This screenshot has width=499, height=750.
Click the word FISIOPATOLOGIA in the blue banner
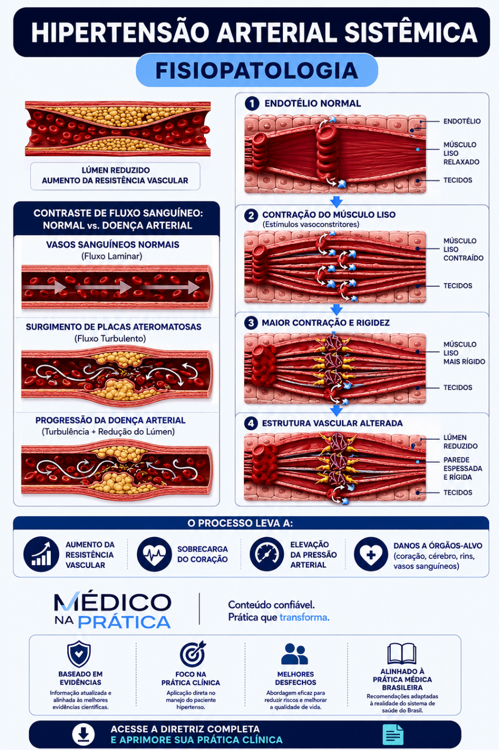click(257, 70)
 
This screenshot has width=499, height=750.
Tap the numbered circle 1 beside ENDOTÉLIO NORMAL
click(252, 103)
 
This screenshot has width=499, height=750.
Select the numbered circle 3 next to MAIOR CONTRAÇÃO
click(251, 323)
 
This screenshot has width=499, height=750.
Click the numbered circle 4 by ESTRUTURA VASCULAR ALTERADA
click(251, 423)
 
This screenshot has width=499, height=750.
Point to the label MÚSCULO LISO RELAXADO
click(461, 153)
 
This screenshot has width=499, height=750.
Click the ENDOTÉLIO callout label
click(462, 121)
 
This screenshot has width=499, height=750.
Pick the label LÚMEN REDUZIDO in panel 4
click(460, 442)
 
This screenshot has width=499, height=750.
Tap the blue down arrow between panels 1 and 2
click(336, 202)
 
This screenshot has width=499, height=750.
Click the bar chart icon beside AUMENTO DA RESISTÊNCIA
click(41, 554)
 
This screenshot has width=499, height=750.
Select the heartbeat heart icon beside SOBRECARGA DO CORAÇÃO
click(154, 554)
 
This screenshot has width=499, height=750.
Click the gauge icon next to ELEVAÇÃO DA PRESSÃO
click(266, 554)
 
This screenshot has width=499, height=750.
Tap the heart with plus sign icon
click(371, 554)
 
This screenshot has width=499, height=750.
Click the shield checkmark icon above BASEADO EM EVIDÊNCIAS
click(79, 654)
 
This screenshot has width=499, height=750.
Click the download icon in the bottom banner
click(83, 735)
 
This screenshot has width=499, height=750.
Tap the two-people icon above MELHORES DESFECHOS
click(294, 654)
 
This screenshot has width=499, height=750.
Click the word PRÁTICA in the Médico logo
click(124, 622)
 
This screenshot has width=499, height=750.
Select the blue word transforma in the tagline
click(304, 617)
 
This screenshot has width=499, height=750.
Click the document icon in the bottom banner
click(393, 735)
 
